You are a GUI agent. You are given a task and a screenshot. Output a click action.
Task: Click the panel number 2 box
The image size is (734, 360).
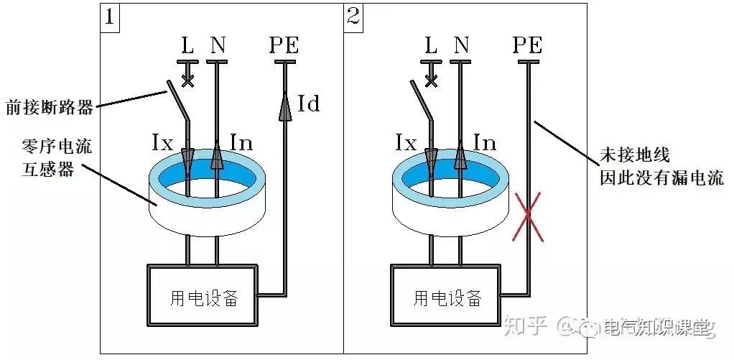(x=353, y=16)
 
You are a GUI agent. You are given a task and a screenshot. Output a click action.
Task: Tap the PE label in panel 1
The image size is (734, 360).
(x=284, y=46)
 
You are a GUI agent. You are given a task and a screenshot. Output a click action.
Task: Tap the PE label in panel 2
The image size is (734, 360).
(x=528, y=46)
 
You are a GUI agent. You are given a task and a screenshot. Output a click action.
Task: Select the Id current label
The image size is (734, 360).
(x=308, y=104)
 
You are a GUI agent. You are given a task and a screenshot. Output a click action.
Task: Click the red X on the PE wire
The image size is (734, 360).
(x=529, y=216)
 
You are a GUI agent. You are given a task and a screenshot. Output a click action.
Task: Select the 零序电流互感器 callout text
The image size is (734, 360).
(x=48, y=160)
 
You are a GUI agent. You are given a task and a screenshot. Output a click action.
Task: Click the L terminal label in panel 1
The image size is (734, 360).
(x=187, y=46)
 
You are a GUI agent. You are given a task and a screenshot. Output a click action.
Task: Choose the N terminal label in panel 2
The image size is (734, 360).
(x=461, y=46)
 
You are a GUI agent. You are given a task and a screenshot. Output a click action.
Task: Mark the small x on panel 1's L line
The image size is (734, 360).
(x=187, y=80)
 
